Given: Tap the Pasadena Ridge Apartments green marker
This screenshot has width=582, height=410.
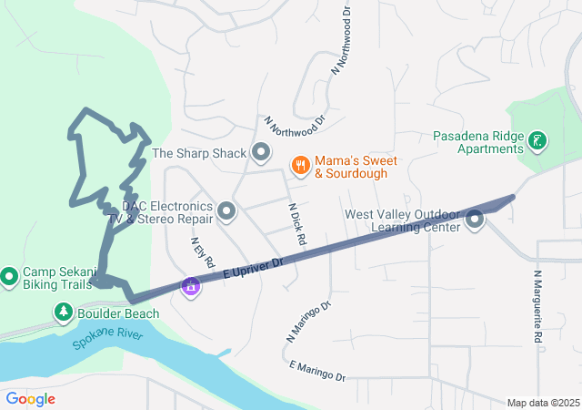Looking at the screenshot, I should click(x=538, y=140).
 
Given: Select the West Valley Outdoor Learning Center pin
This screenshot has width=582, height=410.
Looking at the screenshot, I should click(x=475, y=220).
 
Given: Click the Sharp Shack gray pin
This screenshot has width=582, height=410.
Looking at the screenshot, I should click(x=261, y=152).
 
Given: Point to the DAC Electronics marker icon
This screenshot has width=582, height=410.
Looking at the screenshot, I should click(x=226, y=212).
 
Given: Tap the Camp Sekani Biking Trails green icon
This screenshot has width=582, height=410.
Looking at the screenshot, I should click(x=10, y=274).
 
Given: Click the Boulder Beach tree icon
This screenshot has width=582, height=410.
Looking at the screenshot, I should click(x=64, y=313).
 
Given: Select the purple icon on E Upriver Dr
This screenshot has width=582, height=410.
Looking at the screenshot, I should click(x=190, y=286).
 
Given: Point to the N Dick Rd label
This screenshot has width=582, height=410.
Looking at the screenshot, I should click(x=296, y=223).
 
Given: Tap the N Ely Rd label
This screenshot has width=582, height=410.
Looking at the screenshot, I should click(x=202, y=252).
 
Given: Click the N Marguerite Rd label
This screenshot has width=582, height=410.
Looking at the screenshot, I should click(x=538, y=305).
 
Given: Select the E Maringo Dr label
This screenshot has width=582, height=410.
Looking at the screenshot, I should click(x=317, y=371).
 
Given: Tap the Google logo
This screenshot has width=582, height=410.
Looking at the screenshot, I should click(x=30, y=399).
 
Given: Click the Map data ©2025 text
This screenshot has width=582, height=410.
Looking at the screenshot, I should click(x=542, y=403).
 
